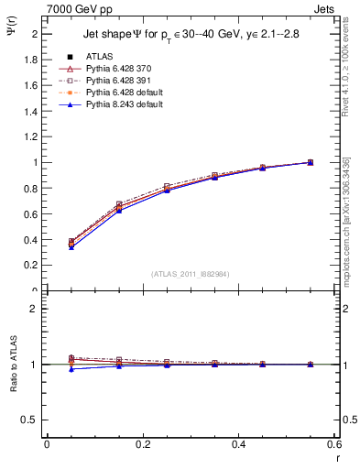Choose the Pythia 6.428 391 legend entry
[x=114, y=81]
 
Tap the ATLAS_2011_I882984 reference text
[x=191, y=273]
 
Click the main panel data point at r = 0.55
[x=310, y=162]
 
